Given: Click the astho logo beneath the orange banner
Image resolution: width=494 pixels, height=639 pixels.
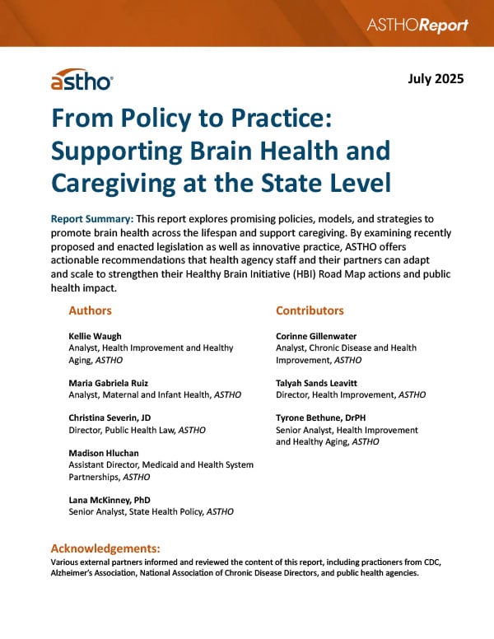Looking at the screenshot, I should click(x=82, y=80).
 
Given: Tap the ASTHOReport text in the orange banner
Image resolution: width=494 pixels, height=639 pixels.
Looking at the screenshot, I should click(x=418, y=26).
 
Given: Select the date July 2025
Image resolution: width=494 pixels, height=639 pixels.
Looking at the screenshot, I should click(x=436, y=80).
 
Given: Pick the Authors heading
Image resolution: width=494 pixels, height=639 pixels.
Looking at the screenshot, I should click(x=91, y=310).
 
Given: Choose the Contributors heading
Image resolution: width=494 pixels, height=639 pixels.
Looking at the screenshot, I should click(x=310, y=310).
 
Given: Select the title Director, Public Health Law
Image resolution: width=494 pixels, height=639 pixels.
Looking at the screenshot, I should click(x=128, y=430).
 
